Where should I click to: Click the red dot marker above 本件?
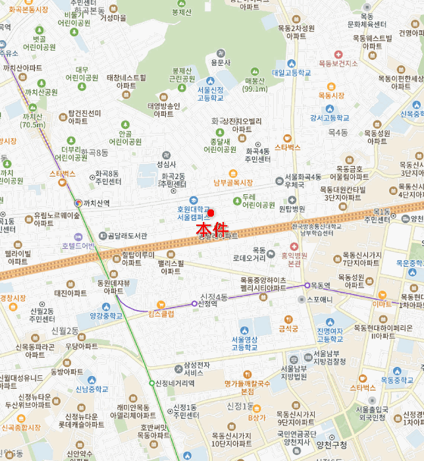coord(211,212)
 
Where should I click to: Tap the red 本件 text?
coord(212,229)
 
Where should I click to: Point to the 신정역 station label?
coord(207,304)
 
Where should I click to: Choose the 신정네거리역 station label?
coord(175,383)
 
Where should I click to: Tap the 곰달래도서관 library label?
coord(127,236)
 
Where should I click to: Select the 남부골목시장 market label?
coord(233,182)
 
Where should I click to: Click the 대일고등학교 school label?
coord(291,73)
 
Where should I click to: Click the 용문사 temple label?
coord(221,63)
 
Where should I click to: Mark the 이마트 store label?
coord(382,304)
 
